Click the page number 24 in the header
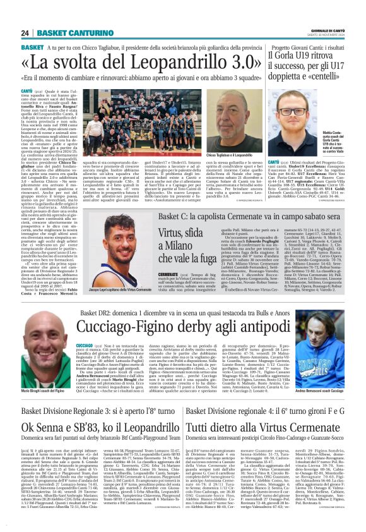[x=25, y=33]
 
